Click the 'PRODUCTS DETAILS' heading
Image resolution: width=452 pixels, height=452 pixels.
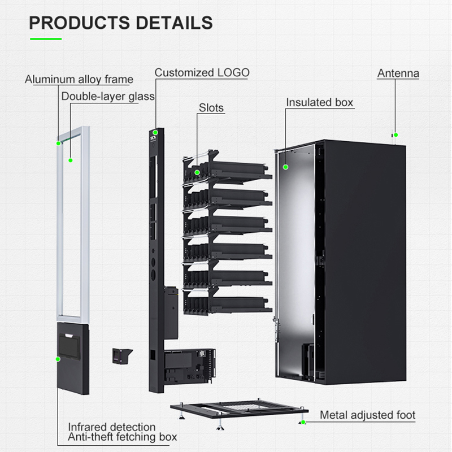[121, 23]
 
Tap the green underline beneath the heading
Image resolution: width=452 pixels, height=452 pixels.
[46, 39]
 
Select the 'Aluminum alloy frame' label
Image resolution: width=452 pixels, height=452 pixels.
[79, 79]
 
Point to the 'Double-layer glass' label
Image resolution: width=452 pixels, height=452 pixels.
[108, 97]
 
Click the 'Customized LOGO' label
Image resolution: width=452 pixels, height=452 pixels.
[202, 73]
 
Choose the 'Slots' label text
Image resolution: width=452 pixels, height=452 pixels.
[211, 108]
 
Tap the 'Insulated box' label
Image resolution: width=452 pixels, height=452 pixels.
[320, 102]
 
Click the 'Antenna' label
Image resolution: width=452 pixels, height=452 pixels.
[398, 73]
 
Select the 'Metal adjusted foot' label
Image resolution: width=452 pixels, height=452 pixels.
[368, 415]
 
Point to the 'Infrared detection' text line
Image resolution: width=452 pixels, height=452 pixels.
[112, 427]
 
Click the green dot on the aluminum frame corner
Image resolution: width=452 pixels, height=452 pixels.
[59, 144]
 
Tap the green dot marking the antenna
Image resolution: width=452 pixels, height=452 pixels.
[396, 135]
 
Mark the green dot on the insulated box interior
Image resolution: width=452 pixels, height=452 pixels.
[286, 167]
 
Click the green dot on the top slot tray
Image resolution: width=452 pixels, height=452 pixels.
[197, 173]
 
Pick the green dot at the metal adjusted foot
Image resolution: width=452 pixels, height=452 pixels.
[303, 422]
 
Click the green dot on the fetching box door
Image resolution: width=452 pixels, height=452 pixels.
[58, 359]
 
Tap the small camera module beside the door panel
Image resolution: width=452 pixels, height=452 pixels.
[122, 356]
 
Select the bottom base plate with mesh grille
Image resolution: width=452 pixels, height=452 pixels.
[239, 409]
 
